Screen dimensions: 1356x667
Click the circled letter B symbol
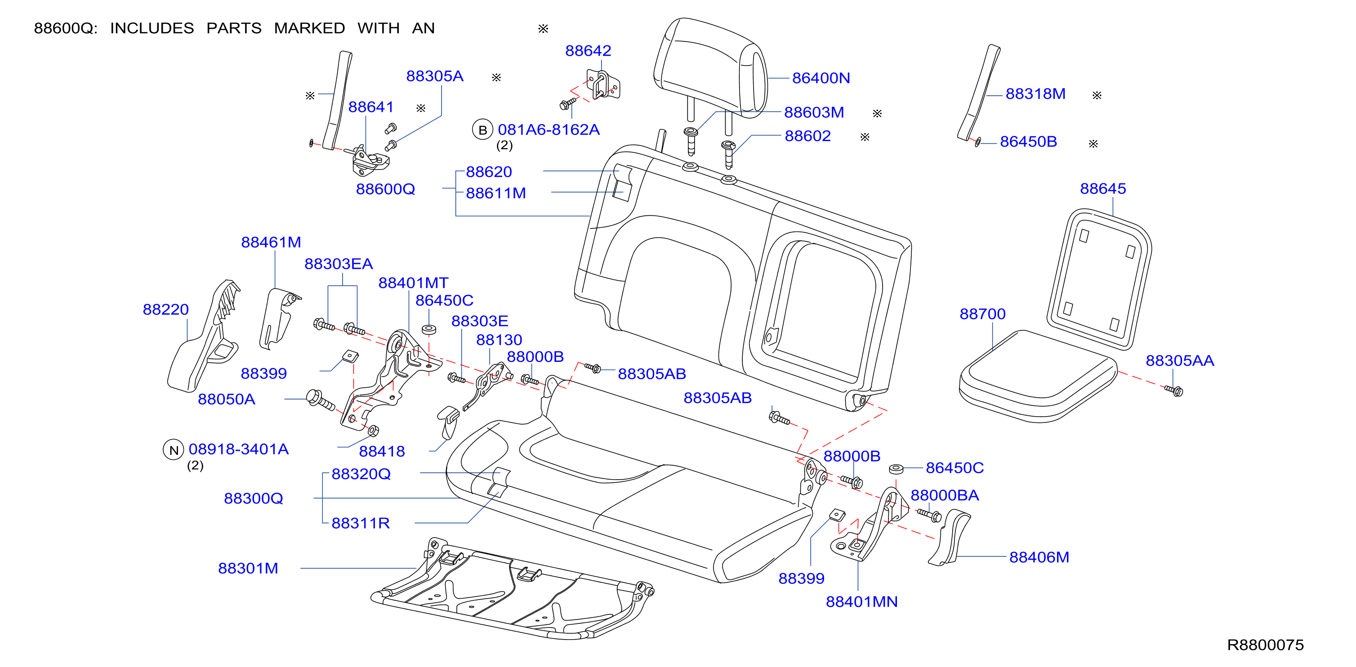(x=482, y=130)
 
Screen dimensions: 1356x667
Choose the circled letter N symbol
(x=173, y=450)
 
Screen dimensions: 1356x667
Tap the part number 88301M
(x=248, y=568)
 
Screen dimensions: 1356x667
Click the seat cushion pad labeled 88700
(x=1038, y=376)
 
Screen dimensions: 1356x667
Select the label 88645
(x=1103, y=188)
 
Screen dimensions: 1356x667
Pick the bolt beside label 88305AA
(x=1174, y=390)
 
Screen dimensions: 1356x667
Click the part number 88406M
(x=1039, y=557)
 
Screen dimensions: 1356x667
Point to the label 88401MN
(x=862, y=601)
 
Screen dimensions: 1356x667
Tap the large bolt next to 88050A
(x=320, y=400)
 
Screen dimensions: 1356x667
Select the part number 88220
(x=166, y=309)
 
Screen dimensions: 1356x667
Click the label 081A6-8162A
(x=549, y=129)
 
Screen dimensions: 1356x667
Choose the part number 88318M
(x=1035, y=93)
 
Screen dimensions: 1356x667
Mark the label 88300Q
(x=254, y=498)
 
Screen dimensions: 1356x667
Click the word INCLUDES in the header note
(x=152, y=28)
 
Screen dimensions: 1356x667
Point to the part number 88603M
(x=814, y=112)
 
